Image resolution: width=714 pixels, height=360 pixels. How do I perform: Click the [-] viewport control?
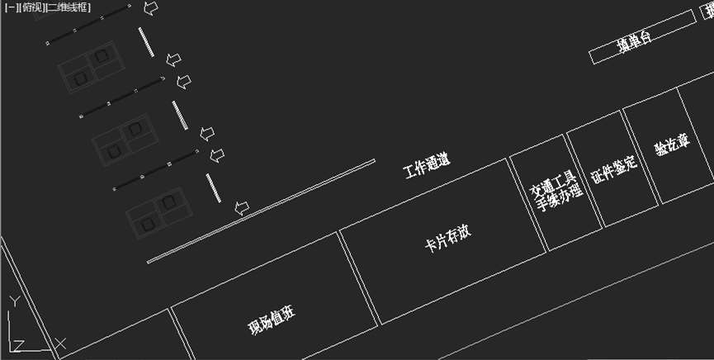[8, 7]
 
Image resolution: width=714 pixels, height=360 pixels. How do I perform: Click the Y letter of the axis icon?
[13, 301]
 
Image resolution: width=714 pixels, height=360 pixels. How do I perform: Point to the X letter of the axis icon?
[59, 342]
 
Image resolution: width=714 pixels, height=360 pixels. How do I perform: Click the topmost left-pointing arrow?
[151, 8]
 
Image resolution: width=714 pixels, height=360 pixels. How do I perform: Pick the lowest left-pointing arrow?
[242, 207]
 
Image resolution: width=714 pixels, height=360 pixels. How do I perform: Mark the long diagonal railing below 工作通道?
[262, 211]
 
